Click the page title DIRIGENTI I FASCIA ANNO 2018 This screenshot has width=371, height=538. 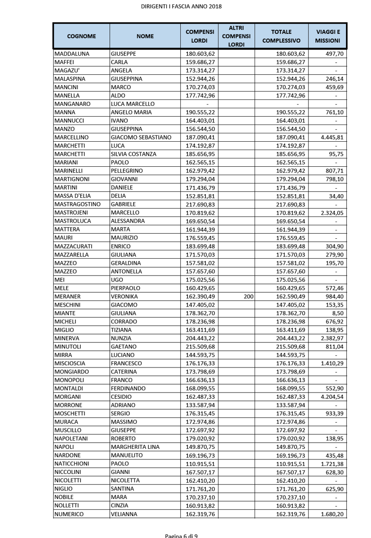181,6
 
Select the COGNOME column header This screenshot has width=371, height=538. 82,36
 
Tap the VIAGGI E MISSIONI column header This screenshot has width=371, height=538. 328,36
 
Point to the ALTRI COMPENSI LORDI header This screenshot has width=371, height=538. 236,36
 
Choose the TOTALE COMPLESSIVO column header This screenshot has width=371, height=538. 281,36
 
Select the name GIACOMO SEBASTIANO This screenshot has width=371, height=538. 141,137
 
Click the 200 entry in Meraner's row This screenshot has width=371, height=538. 248,296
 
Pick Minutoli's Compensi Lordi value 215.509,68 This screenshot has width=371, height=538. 200,346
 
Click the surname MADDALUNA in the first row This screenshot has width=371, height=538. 72,53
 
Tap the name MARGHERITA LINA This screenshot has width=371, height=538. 135,446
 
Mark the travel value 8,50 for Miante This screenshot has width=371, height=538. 336,313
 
